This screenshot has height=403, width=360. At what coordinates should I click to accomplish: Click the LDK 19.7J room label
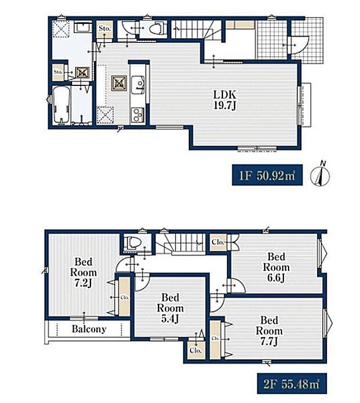pos(225,100)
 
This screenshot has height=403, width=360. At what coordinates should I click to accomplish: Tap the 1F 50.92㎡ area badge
pos(267,175)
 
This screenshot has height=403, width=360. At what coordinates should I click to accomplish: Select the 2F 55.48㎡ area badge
pos(292,383)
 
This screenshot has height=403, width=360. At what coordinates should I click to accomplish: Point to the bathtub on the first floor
pos(61,105)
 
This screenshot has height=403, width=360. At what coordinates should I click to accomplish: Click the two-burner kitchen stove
pos(138,115)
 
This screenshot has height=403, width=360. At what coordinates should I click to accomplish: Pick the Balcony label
pos(89,329)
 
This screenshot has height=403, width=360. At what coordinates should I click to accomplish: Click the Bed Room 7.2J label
pos(84,272)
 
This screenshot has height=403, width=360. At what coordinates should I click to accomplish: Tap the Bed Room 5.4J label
pos(170,308)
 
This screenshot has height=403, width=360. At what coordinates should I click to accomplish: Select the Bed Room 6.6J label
pos(276,267)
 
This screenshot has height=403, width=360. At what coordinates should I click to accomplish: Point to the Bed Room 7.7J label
pos(269,331)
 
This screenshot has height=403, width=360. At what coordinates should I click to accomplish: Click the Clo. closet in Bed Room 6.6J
pos(219,242)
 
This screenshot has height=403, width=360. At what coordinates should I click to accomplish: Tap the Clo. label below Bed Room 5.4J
pos(196,350)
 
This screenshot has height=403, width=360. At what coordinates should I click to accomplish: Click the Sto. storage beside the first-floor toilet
pos(105,30)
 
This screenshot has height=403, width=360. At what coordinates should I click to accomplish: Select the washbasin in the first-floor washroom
pos(82,27)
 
